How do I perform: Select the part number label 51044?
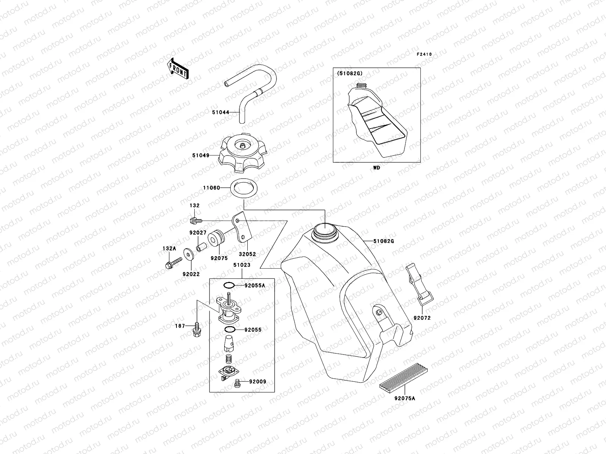pos(220,112)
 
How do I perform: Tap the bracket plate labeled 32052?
pos(242,229)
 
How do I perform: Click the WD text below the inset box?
pos(376,168)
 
